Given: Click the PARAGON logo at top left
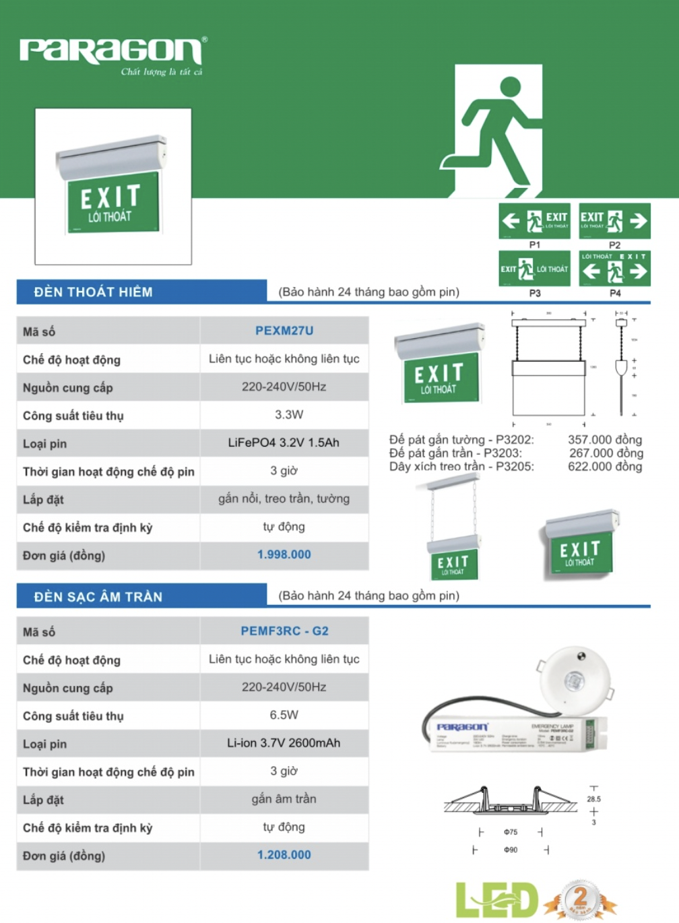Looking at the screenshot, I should click(x=111, y=51).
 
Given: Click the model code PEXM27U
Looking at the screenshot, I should click(x=284, y=331).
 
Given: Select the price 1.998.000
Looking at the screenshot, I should click(x=284, y=554).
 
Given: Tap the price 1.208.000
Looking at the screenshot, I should click(x=284, y=855).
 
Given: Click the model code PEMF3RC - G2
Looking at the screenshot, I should click(x=284, y=631).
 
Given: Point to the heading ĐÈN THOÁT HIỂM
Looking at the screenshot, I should click(x=94, y=292).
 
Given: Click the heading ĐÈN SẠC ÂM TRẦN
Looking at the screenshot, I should click(x=98, y=596).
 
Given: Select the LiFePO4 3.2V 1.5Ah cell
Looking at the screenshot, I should click(x=284, y=443).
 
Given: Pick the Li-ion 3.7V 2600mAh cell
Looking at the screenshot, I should click(x=284, y=743).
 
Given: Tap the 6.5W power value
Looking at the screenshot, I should click(x=284, y=715).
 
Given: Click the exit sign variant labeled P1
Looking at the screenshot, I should click(x=534, y=221).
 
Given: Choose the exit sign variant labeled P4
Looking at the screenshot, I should click(x=614, y=269).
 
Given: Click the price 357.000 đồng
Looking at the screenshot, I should click(x=604, y=440).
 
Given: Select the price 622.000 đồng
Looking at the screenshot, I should click(x=604, y=466).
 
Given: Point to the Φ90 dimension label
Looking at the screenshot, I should click(x=511, y=850).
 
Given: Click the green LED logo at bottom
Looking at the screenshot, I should click(x=496, y=899).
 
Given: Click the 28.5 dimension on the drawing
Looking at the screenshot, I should click(x=593, y=799).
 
